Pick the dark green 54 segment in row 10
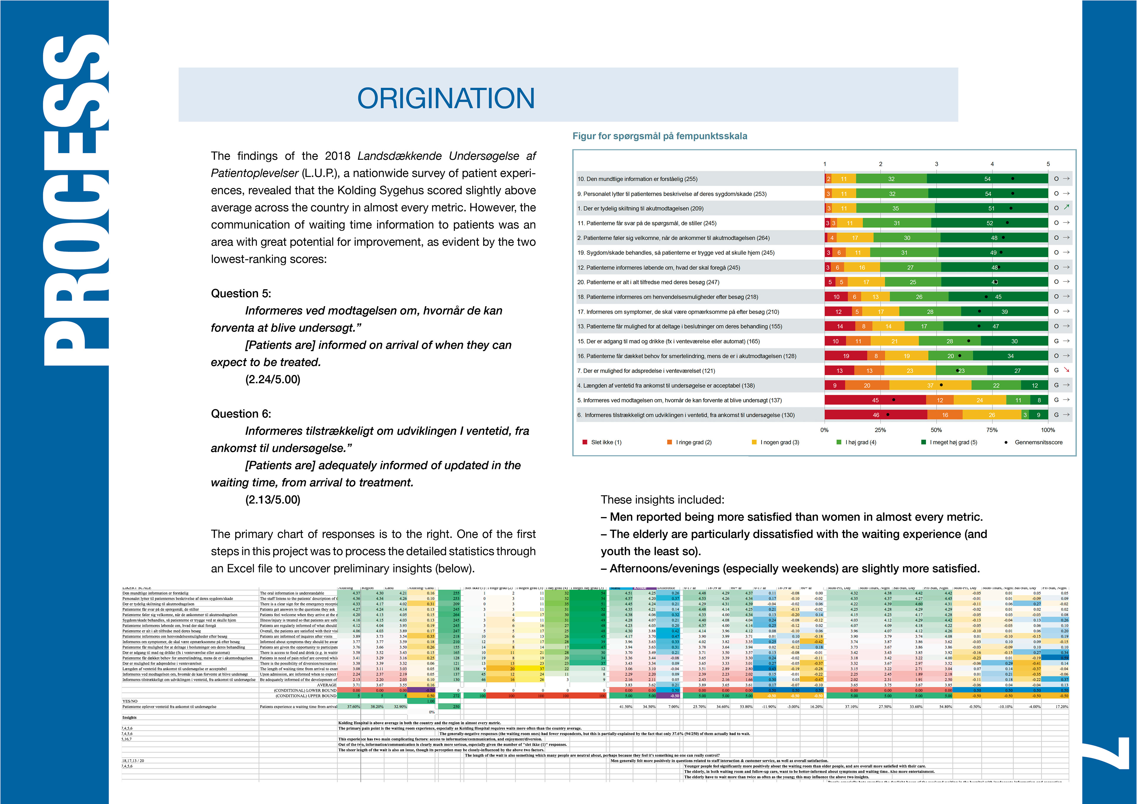[x=987, y=179]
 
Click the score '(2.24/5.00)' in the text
[x=273, y=379]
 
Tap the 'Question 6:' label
[x=241, y=414]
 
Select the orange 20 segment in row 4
[x=867, y=385]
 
